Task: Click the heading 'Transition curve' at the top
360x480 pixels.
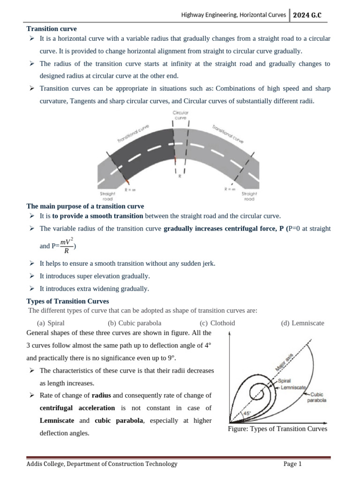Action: (52, 29)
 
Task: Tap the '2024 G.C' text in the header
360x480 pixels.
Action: (307, 15)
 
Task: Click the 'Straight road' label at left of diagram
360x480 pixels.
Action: (108, 196)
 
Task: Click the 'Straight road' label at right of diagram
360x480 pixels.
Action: (249, 196)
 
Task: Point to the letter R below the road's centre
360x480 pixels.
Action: (180, 177)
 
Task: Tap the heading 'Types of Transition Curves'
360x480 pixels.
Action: (68, 301)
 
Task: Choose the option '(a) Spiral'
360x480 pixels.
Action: (51, 323)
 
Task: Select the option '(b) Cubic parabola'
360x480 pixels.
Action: (135, 323)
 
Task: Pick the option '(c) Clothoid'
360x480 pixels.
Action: (217, 323)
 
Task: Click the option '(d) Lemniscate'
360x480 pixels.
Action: (302, 323)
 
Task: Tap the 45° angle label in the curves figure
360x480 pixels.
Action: (247, 413)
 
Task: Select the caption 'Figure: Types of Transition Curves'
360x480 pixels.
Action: (277, 429)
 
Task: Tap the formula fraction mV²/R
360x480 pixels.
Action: (66, 246)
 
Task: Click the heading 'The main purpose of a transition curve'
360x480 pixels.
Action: (85, 206)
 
